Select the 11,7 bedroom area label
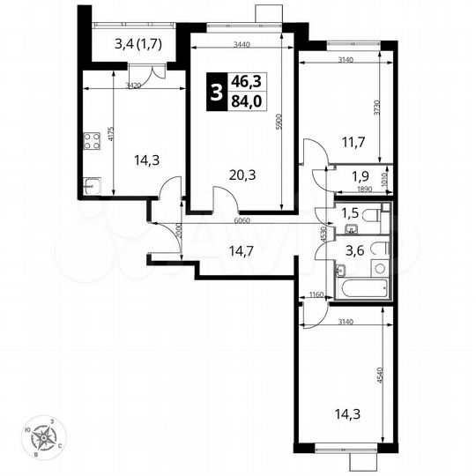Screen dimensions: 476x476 click(353, 138)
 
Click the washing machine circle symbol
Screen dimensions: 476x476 click(380, 266)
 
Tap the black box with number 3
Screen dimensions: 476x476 click(215, 91)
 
